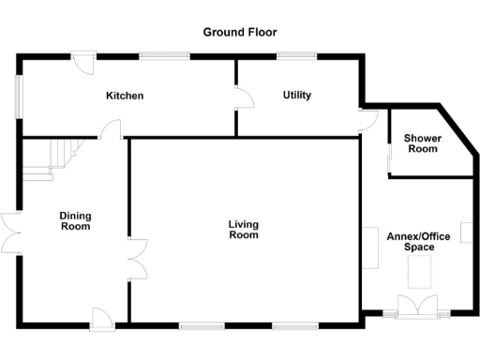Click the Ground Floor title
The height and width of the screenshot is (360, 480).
[x=240, y=32]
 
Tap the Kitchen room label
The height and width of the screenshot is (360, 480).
[x=124, y=96]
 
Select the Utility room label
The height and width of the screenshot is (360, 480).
[x=296, y=96]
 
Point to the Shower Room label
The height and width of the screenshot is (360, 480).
[x=422, y=143]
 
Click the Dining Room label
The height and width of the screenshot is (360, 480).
[x=75, y=220]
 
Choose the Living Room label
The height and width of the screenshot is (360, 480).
[x=243, y=230]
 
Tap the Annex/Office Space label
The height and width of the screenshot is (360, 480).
[x=419, y=242]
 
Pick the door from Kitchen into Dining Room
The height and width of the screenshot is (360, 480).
[x=112, y=130]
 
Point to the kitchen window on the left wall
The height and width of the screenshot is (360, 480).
[x=18, y=96]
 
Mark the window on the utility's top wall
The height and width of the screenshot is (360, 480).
[x=296, y=55]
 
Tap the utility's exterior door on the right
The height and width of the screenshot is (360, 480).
[x=368, y=120]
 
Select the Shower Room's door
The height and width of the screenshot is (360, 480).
[x=390, y=159]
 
